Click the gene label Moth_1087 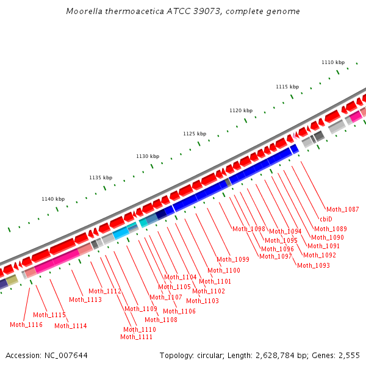(x=343, y=209)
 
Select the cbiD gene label (x=326, y=219)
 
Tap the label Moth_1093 (x=314, y=265)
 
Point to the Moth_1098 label (x=249, y=229)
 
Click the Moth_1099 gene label (x=233, y=259)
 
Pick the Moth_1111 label (x=137, y=337)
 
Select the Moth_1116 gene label (x=26, y=325)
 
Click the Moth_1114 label (x=71, y=326)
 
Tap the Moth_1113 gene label (x=85, y=300)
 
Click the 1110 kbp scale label (x=333, y=62)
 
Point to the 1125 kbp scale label (x=195, y=134)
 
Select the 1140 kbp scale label (x=53, y=199)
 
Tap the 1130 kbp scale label (x=148, y=156)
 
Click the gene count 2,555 (x=349, y=355)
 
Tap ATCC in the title (x=181, y=12)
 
